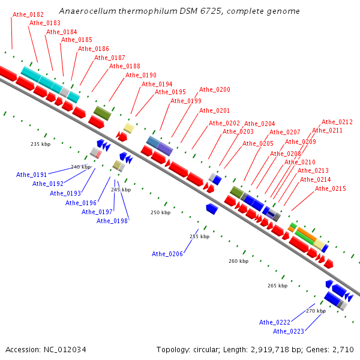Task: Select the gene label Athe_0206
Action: point(167,254)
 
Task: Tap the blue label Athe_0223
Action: point(288,331)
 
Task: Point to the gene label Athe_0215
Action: point(331,188)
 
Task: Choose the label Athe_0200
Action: point(215,89)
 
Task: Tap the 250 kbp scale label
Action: point(160,212)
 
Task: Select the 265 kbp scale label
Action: point(278,286)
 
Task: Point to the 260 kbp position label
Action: point(238,261)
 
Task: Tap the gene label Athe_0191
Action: point(31,175)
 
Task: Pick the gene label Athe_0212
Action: point(337,122)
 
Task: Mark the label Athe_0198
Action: point(112,221)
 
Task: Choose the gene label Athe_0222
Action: point(275,322)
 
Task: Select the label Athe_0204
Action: point(260,124)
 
